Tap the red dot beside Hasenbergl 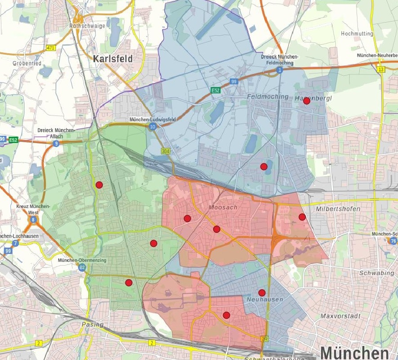click(x=307, y=101)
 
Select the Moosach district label click(x=220, y=207)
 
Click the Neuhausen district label click(x=265, y=300)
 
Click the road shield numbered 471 click(x=50, y=47)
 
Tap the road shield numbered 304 click(x=165, y=151)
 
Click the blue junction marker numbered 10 click(x=153, y=127)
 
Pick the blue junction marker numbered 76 click(x=393, y=241)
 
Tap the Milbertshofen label click(x=338, y=209)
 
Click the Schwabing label click(x=375, y=273)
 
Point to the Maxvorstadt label click(x=340, y=316)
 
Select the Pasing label click(x=92, y=325)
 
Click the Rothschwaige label click(x=87, y=26)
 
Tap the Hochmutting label click(x=357, y=34)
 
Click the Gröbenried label click(x=27, y=64)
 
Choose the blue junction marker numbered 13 click(x=381, y=69)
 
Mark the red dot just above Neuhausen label click(x=261, y=293)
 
